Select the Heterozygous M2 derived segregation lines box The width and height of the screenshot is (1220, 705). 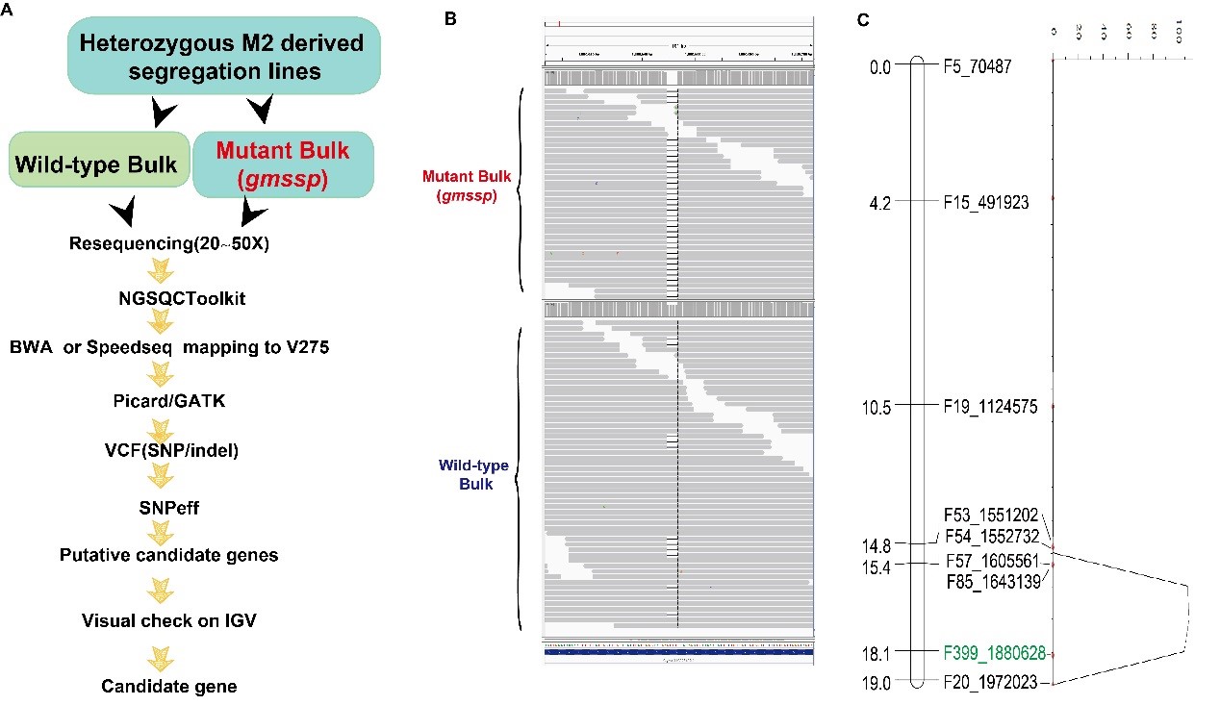point(224,57)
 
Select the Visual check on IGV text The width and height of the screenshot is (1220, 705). point(169,620)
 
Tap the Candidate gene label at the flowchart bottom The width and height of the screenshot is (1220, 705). point(169,686)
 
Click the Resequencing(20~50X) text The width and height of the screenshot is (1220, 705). point(169,243)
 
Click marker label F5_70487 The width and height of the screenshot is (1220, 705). point(991,66)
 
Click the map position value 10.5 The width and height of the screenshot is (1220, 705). point(877,407)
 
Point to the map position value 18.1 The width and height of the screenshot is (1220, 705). point(877,652)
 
